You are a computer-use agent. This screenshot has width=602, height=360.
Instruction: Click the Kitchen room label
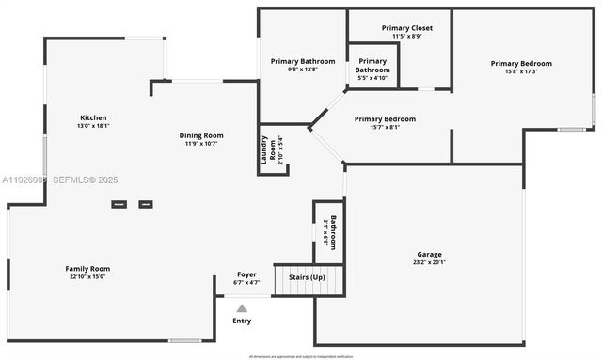point(93,117)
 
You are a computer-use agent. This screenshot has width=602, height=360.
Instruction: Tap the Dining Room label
point(201,135)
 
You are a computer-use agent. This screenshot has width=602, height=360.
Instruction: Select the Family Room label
point(87,269)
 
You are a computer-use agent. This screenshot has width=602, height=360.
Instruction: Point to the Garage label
point(429,254)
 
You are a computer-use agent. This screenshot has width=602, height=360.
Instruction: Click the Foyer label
point(246,274)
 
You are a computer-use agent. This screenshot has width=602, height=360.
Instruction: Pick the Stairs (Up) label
point(307,278)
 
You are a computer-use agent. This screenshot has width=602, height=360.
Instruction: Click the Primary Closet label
point(407,28)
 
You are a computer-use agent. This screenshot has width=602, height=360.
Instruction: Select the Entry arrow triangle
point(242,307)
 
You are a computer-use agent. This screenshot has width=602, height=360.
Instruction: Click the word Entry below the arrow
point(242,321)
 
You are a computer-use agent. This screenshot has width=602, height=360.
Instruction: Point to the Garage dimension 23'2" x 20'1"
point(429,263)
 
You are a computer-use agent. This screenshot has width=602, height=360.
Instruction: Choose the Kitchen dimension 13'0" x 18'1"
point(93,126)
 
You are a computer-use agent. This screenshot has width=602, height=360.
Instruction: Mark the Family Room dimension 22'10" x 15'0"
point(87,277)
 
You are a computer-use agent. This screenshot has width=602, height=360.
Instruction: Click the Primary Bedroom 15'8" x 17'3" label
point(521,64)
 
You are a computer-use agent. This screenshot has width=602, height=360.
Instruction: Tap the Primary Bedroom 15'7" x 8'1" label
point(385,119)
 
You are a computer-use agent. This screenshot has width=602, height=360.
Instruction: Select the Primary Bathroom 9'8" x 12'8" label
point(303,61)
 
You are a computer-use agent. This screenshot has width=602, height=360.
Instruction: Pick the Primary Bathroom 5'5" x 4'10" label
point(372,66)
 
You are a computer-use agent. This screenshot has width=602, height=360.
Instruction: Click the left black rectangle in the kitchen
point(119,204)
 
